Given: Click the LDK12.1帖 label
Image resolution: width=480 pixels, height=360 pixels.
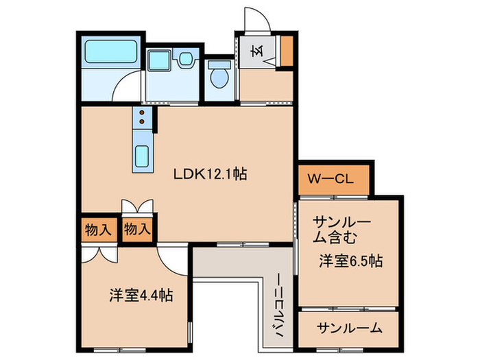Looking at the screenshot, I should click(209, 174).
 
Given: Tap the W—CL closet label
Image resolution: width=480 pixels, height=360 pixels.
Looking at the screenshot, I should click(330, 180).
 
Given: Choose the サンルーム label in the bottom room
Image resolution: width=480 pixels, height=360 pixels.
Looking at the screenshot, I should click(349, 328).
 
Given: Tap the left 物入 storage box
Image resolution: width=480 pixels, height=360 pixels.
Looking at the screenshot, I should click(99, 229).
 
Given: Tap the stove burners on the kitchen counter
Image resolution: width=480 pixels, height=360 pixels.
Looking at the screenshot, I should click(142, 119).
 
